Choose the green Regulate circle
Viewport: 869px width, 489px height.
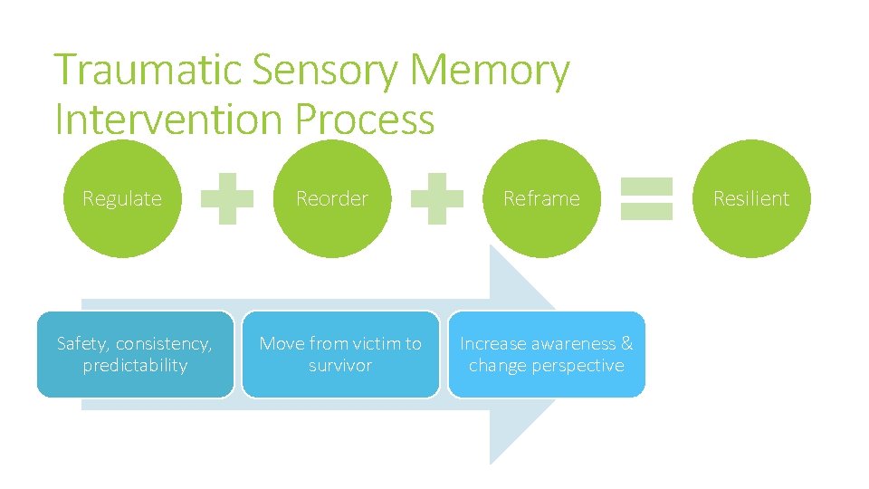point(121,198)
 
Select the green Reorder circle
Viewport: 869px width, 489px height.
point(332,198)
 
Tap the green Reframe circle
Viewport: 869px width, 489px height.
point(541,198)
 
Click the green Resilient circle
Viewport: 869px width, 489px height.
point(750,198)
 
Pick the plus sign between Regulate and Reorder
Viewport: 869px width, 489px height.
point(226,198)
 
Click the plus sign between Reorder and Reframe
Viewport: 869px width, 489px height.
point(437,198)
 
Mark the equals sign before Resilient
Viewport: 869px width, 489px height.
point(646,198)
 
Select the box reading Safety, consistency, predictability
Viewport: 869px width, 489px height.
point(135,354)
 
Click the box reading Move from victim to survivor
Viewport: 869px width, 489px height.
point(340,354)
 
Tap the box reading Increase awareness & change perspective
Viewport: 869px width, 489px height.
point(547,354)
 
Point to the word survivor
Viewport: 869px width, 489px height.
point(340,366)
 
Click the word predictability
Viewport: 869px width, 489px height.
point(135,366)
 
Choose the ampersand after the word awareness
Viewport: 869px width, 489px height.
point(626,344)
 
